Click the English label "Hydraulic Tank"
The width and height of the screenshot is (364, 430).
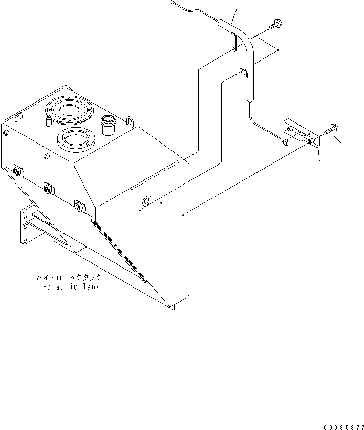click(69, 286)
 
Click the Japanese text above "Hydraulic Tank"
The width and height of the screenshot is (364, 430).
click(69, 277)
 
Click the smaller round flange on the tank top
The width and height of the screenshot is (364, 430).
click(75, 138)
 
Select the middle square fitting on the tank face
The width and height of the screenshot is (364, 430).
click(49, 188)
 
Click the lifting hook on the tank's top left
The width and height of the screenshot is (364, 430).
click(19, 118)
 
